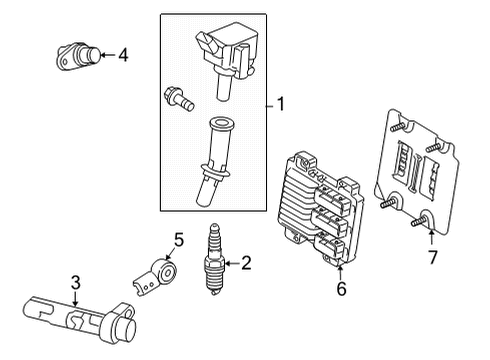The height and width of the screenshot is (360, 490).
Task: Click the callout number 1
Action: point(281,102)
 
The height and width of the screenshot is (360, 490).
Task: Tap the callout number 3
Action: point(74,288)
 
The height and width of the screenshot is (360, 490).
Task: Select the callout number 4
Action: point(122,55)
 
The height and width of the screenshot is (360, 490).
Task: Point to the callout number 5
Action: point(179,240)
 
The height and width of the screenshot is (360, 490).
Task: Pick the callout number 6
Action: point(342,289)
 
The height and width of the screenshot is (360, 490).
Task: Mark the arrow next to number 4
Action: point(105,55)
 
